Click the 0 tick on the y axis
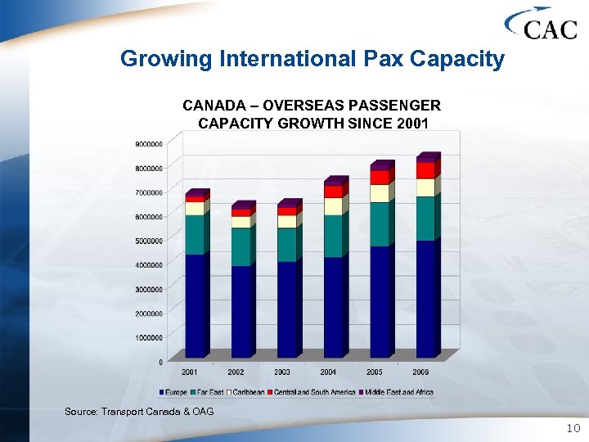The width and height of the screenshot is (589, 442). coord(160,361)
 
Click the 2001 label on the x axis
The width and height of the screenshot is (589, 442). coord(189,372)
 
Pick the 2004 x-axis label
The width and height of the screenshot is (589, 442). coord(328,372)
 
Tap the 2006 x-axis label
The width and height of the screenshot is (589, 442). coord(420,372)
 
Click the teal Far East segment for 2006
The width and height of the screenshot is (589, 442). coord(425,218)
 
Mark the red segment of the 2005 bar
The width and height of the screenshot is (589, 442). coord(380,178)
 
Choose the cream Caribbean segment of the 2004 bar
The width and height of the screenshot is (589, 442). coord(334,206)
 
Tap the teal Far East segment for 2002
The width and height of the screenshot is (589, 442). coord(241,246)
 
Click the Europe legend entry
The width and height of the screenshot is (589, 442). coord(176,392)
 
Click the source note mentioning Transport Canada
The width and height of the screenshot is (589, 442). coord(139,411)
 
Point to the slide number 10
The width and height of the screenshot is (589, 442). coord(572,429)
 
